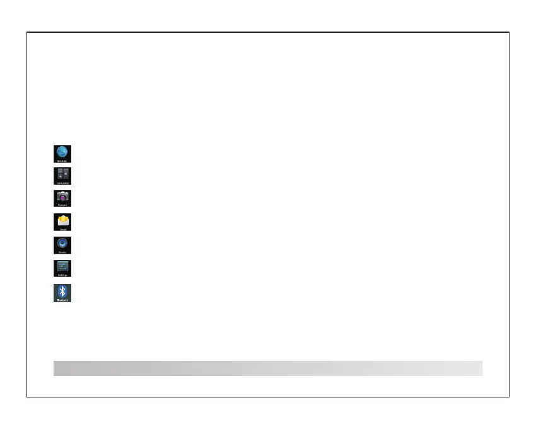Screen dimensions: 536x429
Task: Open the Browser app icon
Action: [x=62, y=153]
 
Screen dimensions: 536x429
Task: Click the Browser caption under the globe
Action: [x=62, y=162]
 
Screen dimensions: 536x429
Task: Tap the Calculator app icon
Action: [x=62, y=175]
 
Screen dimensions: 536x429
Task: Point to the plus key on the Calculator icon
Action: [x=59, y=179]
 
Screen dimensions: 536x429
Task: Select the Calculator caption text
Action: [x=62, y=184]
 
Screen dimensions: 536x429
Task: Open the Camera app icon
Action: [x=62, y=198]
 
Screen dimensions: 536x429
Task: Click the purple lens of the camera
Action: [x=62, y=197]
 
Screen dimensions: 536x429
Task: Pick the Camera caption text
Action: [x=62, y=205]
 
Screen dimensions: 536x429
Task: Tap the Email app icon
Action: [x=62, y=222]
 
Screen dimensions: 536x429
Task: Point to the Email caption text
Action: [x=62, y=229]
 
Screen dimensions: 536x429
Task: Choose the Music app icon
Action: [x=62, y=245]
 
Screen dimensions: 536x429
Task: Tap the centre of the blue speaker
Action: [x=62, y=244]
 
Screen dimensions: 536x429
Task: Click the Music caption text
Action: [x=62, y=252]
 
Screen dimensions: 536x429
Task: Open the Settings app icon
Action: [x=62, y=268]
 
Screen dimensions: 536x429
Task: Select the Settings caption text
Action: [x=62, y=275]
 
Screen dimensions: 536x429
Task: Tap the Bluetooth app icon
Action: [x=62, y=293]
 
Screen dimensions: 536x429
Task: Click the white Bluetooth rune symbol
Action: [x=62, y=291]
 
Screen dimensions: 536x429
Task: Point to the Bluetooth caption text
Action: [x=62, y=300]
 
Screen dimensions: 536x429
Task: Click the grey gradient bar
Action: [x=268, y=368]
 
